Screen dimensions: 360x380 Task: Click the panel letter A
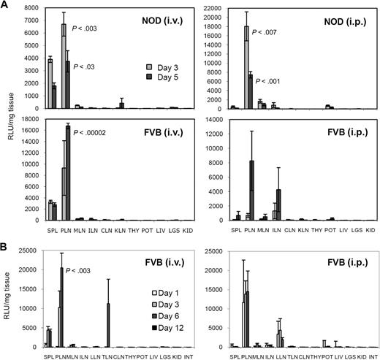5,5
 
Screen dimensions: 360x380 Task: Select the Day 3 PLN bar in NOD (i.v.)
63,66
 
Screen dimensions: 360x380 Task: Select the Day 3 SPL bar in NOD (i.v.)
49,83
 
